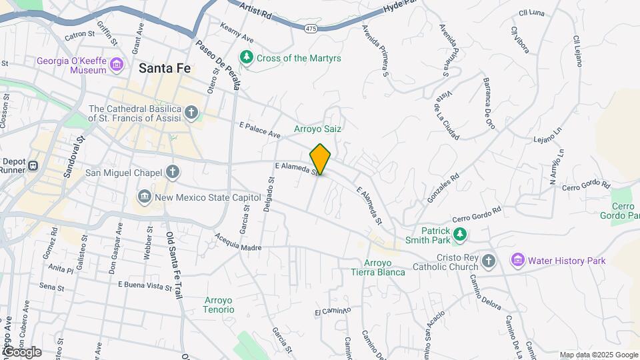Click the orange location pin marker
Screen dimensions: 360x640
(320, 159)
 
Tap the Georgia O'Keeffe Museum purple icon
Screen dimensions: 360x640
(117, 65)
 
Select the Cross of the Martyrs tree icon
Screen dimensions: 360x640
(247, 58)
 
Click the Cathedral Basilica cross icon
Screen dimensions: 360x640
(191, 112)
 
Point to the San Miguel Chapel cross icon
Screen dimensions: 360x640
(173, 173)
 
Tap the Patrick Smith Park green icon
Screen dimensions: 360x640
(459, 235)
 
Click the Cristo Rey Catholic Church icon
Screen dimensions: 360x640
(489, 261)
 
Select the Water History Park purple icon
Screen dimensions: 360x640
(517, 260)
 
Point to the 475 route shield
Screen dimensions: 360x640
(311, 28)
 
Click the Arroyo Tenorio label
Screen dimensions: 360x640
(219, 305)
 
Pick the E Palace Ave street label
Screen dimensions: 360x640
(259, 129)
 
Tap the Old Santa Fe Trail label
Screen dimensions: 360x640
(171, 265)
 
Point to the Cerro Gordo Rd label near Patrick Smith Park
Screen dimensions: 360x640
(476, 215)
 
